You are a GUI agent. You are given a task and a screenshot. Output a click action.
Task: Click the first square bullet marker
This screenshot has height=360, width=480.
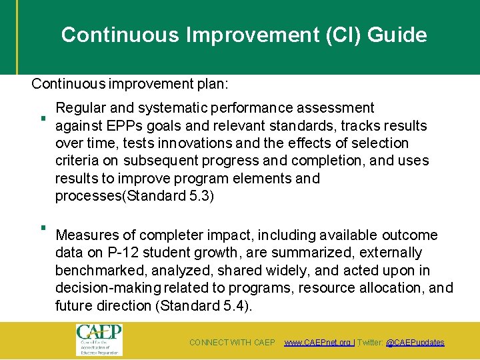click(41, 119)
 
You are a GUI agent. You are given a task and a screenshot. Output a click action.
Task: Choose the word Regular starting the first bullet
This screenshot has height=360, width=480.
click(80, 108)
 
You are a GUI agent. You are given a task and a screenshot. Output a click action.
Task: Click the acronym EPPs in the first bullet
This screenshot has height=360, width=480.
click(121, 126)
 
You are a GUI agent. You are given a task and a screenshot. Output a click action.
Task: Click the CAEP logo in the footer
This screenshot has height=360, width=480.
click(99, 340)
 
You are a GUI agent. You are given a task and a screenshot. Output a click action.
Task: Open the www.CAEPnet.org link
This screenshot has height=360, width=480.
click(318, 343)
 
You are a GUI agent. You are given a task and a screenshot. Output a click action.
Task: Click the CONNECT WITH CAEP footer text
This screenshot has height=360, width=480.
click(232, 343)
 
